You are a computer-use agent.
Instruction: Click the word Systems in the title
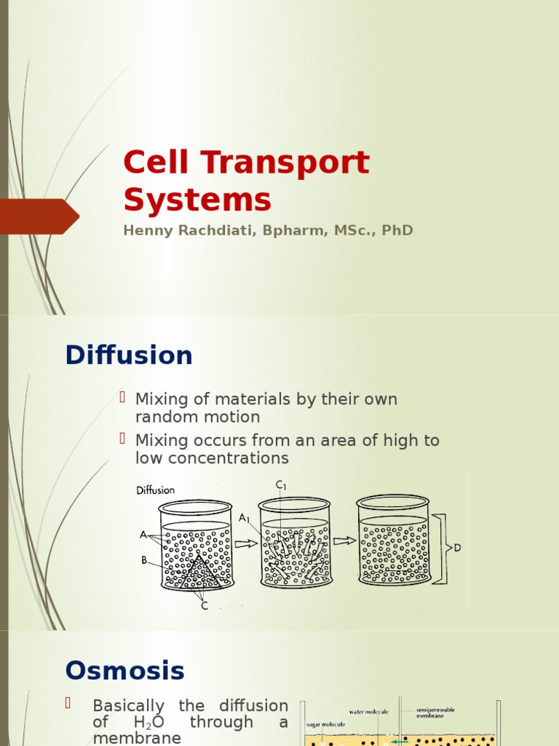[x=197, y=200]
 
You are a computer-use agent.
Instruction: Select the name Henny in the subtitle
[x=145, y=230]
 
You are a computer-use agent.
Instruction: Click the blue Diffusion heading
[x=129, y=356]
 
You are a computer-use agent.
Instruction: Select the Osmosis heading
[x=124, y=670]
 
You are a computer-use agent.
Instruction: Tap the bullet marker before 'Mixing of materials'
[x=124, y=397]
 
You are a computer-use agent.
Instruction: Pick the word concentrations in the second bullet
[x=212, y=458]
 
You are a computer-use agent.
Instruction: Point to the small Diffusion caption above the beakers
[x=155, y=490]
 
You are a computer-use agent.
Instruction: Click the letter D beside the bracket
[x=457, y=548]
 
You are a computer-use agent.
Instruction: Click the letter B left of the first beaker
[x=143, y=561]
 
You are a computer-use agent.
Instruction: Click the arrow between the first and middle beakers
[x=245, y=542]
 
